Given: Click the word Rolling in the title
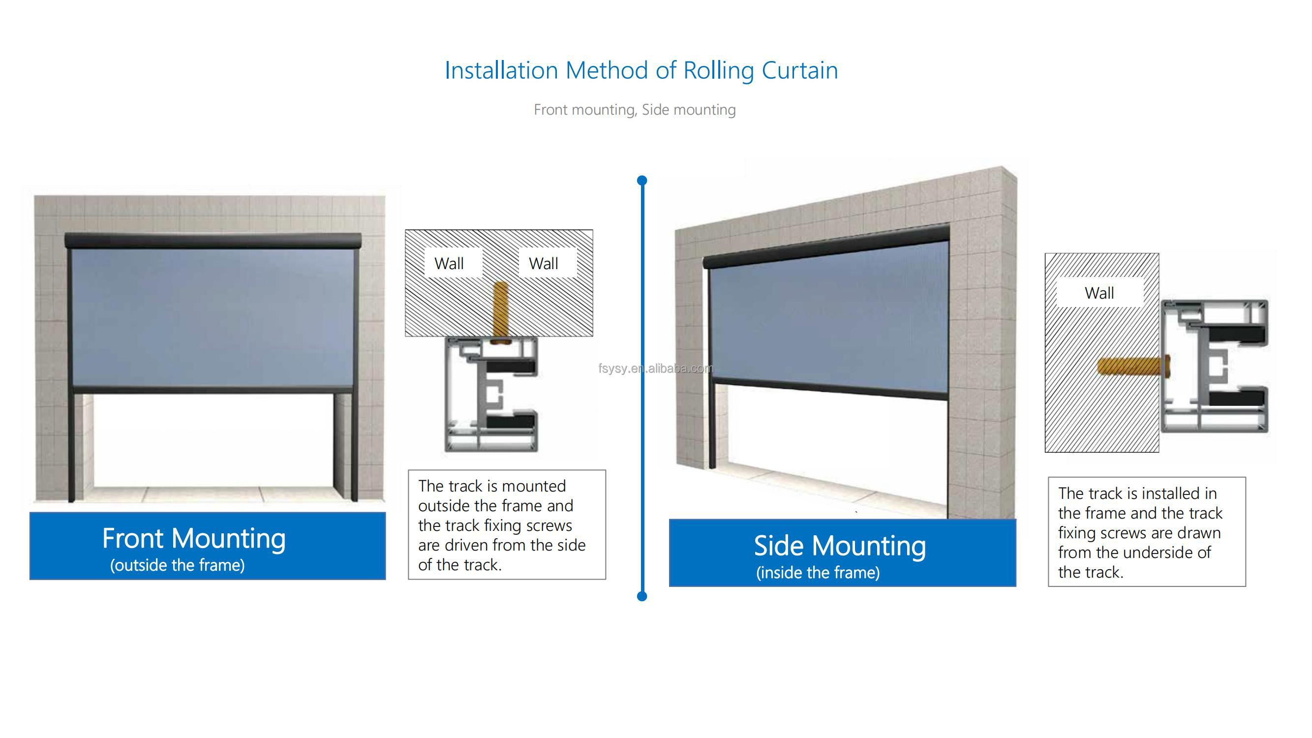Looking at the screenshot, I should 718,70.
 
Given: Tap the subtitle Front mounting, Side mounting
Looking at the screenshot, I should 635,110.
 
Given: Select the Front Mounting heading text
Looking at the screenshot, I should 193,538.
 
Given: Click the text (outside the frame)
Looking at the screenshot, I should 177,565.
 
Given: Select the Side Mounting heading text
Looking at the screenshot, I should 839,546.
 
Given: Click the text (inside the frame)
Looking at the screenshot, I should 818,573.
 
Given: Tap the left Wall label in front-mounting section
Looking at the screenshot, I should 449,263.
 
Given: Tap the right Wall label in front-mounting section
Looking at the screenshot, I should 543,263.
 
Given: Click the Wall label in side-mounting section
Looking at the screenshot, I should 1099,293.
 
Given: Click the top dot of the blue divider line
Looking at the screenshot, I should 642,180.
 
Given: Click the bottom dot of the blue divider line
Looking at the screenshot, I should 642,596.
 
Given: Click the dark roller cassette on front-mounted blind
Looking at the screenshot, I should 213,241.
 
